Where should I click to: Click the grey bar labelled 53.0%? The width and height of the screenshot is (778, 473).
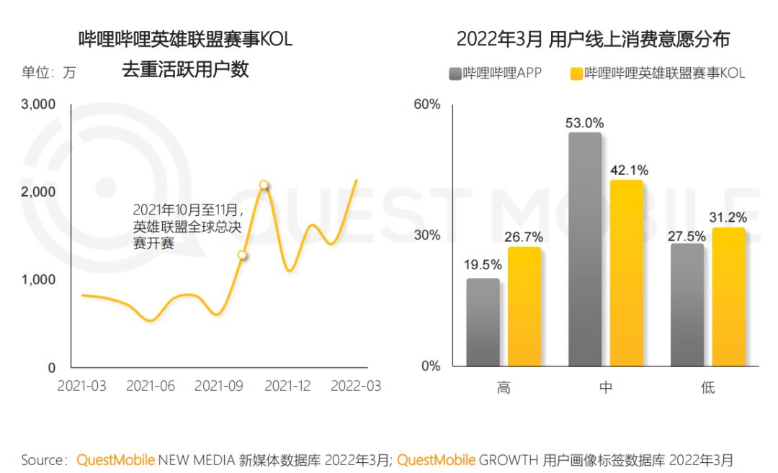point(585,249)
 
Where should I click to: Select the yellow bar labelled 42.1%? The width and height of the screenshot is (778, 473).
point(625,273)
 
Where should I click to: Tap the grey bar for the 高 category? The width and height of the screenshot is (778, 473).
point(483,322)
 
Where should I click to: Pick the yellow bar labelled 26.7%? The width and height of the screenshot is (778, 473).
point(524,306)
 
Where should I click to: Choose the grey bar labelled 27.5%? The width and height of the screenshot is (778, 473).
point(687,305)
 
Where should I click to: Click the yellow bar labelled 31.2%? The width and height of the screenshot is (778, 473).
point(728,297)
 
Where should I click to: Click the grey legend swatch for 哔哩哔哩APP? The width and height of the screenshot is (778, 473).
point(455,73)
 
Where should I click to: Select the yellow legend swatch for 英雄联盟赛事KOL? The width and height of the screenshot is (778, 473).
point(576,73)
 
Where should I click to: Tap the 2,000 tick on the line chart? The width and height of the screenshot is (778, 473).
point(39,192)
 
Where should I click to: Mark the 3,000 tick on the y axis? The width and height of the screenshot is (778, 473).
point(39,104)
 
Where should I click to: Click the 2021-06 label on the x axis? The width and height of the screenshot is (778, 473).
point(151,387)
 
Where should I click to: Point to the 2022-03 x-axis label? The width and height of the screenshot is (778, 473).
point(356,387)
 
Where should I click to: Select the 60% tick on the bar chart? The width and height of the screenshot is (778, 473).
point(426,105)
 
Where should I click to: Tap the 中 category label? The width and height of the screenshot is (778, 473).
point(606,387)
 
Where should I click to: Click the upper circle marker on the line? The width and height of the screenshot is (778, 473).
point(264,185)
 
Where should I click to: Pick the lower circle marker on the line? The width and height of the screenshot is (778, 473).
point(243,255)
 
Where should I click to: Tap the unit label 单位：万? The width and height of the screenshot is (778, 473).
point(48,73)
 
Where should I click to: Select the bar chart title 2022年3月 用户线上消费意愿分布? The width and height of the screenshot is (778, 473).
point(593,39)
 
